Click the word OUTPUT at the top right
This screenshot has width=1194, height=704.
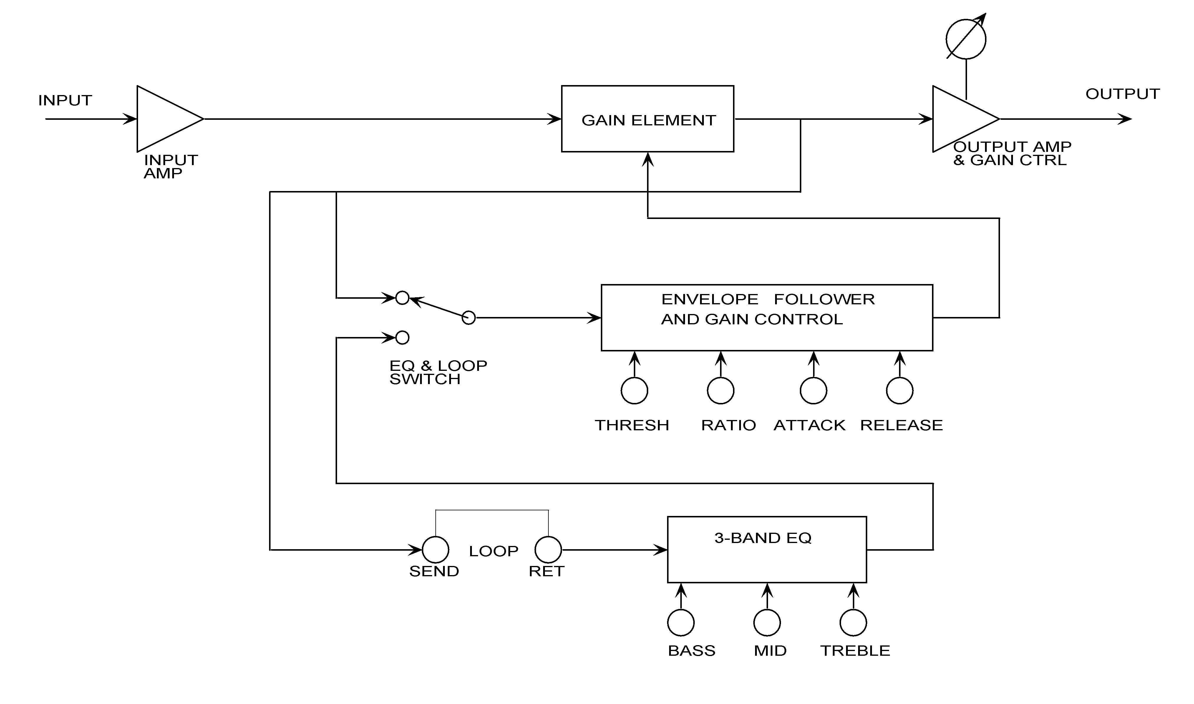(x=1123, y=94)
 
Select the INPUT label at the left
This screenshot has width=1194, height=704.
(x=65, y=101)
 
